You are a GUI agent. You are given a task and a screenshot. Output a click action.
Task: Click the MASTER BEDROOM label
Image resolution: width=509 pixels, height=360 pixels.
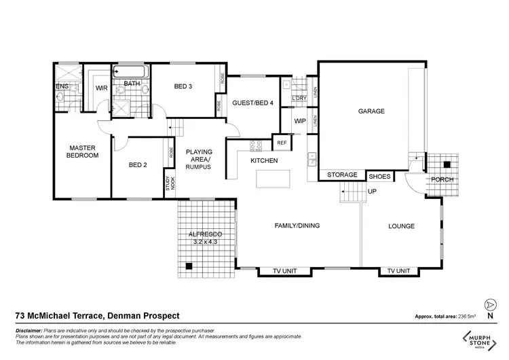click(x=82, y=151)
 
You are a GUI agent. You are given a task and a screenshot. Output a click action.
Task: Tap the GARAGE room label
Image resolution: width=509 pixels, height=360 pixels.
click(x=371, y=111)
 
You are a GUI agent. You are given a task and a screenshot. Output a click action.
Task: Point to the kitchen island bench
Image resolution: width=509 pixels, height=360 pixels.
click(x=272, y=179)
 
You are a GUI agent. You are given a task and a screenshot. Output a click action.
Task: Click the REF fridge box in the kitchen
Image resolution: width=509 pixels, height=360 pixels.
click(x=281, y=143)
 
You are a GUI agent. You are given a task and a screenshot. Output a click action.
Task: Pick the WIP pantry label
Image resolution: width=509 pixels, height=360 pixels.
click(x=299, y=121)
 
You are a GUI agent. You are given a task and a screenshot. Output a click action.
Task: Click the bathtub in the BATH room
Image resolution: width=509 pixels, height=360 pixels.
click(x=132, y=71)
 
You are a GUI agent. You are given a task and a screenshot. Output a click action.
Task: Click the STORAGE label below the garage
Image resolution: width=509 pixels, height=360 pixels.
click(x=341, y=175)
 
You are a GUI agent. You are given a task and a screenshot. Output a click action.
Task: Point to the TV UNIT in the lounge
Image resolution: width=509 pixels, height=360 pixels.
click(x=399, y=270)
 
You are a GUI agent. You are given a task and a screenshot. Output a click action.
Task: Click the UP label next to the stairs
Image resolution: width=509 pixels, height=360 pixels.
click(x=372, y=192)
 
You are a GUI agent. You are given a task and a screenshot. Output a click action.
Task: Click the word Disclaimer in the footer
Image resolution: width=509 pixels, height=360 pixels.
click(x=29, y=329)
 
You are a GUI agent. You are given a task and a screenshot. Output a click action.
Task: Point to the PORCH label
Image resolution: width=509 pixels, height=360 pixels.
click(x=442, y=180)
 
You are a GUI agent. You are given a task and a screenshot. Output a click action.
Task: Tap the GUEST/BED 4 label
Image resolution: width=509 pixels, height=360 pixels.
click(x=253, y=103)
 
